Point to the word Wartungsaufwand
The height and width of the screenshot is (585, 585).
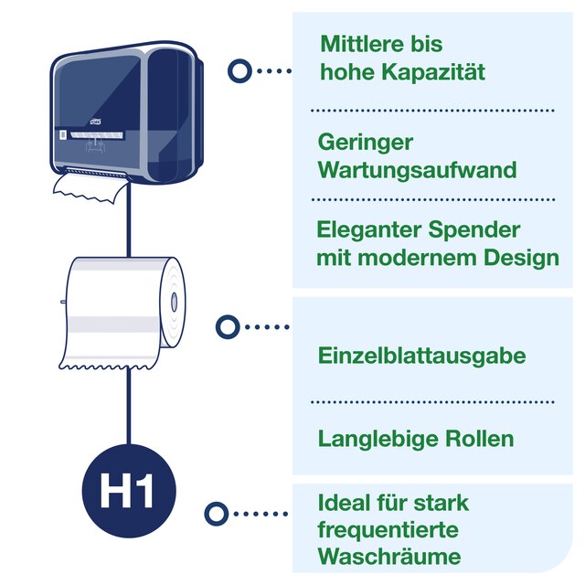pos(416,170)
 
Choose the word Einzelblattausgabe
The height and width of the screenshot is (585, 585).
pos(421,356)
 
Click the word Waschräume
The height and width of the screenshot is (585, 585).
pos(388,557)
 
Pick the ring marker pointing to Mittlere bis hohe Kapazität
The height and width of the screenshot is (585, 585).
pos(239,69)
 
